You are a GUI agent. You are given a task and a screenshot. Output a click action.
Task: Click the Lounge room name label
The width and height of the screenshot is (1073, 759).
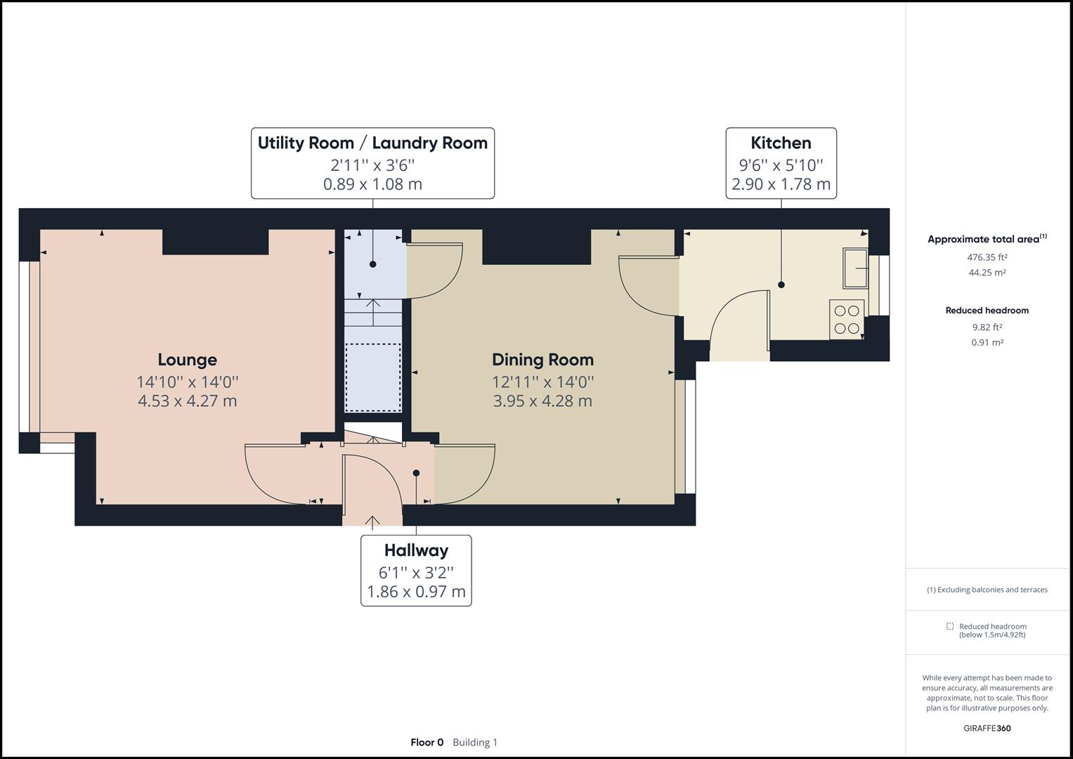187,360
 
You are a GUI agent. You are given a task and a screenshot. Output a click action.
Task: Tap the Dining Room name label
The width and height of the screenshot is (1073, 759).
542,360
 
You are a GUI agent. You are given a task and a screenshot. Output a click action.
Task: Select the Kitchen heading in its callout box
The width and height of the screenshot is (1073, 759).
781,143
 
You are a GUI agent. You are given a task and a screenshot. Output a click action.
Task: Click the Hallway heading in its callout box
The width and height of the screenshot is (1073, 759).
416,550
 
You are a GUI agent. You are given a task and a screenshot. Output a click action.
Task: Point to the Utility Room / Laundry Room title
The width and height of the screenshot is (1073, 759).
372,143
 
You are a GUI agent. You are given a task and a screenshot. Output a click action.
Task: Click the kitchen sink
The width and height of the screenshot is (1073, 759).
856,268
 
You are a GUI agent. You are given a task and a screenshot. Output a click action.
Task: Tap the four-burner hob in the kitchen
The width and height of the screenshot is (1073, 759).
847,319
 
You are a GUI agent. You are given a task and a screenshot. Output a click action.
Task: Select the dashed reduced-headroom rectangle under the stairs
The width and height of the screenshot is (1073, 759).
372,377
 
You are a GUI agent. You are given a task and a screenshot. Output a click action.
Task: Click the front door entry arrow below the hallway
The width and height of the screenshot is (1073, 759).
372,521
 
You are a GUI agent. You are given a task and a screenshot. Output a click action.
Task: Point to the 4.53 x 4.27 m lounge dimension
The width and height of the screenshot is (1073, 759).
187,401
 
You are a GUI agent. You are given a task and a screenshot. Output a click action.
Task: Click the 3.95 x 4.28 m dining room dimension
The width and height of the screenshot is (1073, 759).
542,401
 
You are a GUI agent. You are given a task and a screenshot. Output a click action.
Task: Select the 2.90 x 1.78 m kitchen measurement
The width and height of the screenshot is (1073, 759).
781,184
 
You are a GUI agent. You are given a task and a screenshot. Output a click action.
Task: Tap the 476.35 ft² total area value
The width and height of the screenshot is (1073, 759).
987,257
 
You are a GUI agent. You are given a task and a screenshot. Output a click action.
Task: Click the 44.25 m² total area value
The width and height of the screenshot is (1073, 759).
987,273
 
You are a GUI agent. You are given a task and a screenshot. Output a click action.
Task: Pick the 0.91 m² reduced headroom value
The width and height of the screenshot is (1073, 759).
987,343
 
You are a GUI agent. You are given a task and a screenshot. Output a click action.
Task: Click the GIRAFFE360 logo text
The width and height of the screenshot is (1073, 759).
987,728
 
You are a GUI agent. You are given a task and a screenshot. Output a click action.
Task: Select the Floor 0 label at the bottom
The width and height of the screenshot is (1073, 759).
427,742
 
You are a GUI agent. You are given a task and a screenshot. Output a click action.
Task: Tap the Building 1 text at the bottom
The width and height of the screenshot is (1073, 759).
475,742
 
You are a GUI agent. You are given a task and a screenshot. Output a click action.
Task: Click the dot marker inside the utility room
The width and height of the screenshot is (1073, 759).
373,264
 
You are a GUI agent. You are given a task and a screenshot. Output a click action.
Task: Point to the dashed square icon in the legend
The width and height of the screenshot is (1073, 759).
949,626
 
